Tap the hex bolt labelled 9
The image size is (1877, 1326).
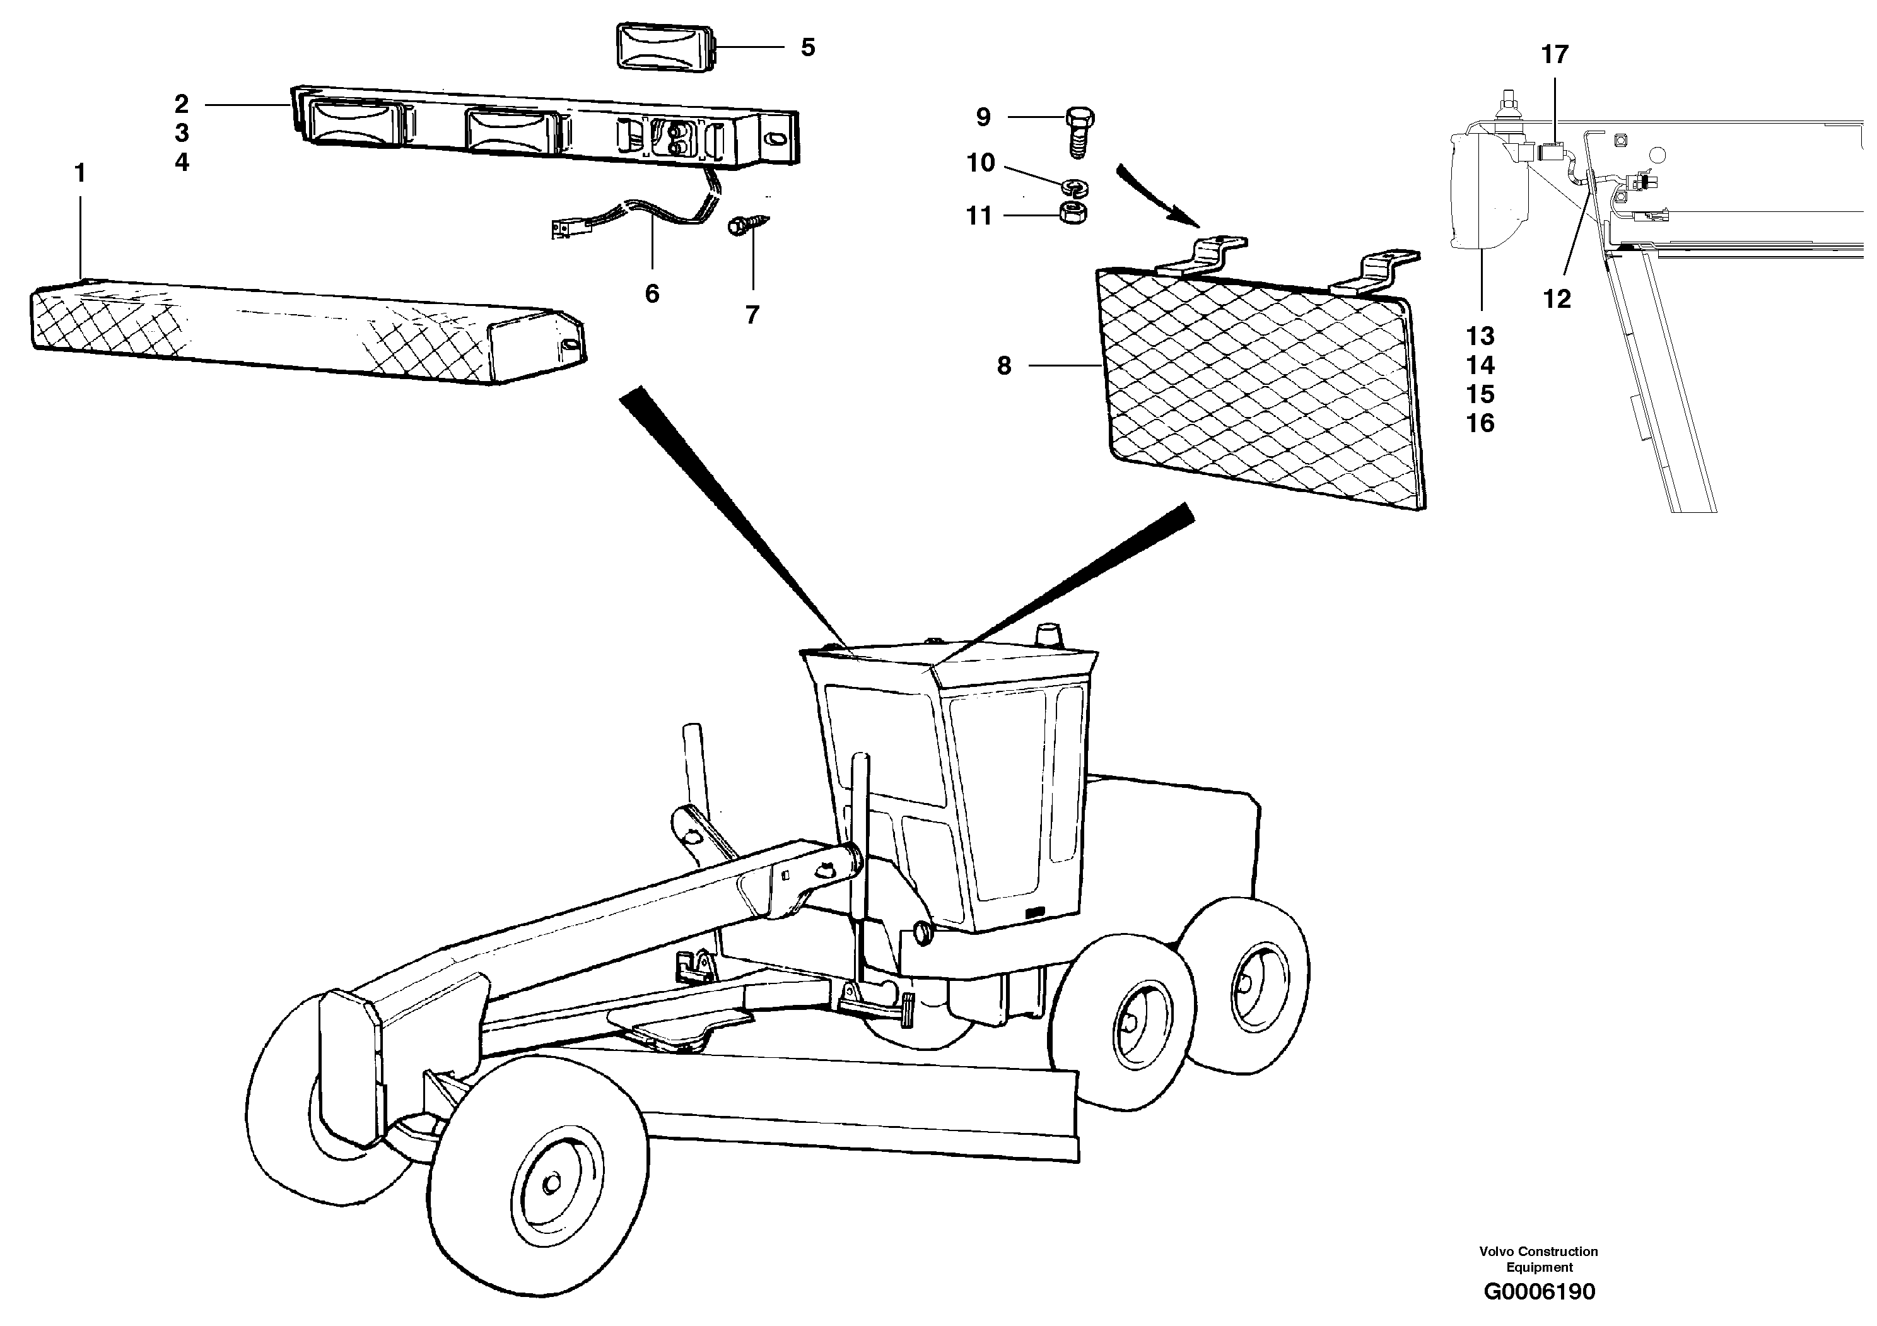point(1080,131)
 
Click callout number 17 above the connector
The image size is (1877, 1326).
point(1554,55)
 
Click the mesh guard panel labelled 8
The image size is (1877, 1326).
point(1259,384)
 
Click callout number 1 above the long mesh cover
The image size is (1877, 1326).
point(79,173)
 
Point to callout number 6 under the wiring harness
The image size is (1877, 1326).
point(652,293)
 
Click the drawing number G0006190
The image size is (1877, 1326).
point(1540,1292)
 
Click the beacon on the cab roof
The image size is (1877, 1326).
point(1046,635)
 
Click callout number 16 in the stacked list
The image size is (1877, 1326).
point(1480,423)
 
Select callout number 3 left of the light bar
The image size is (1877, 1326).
point(182,132)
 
